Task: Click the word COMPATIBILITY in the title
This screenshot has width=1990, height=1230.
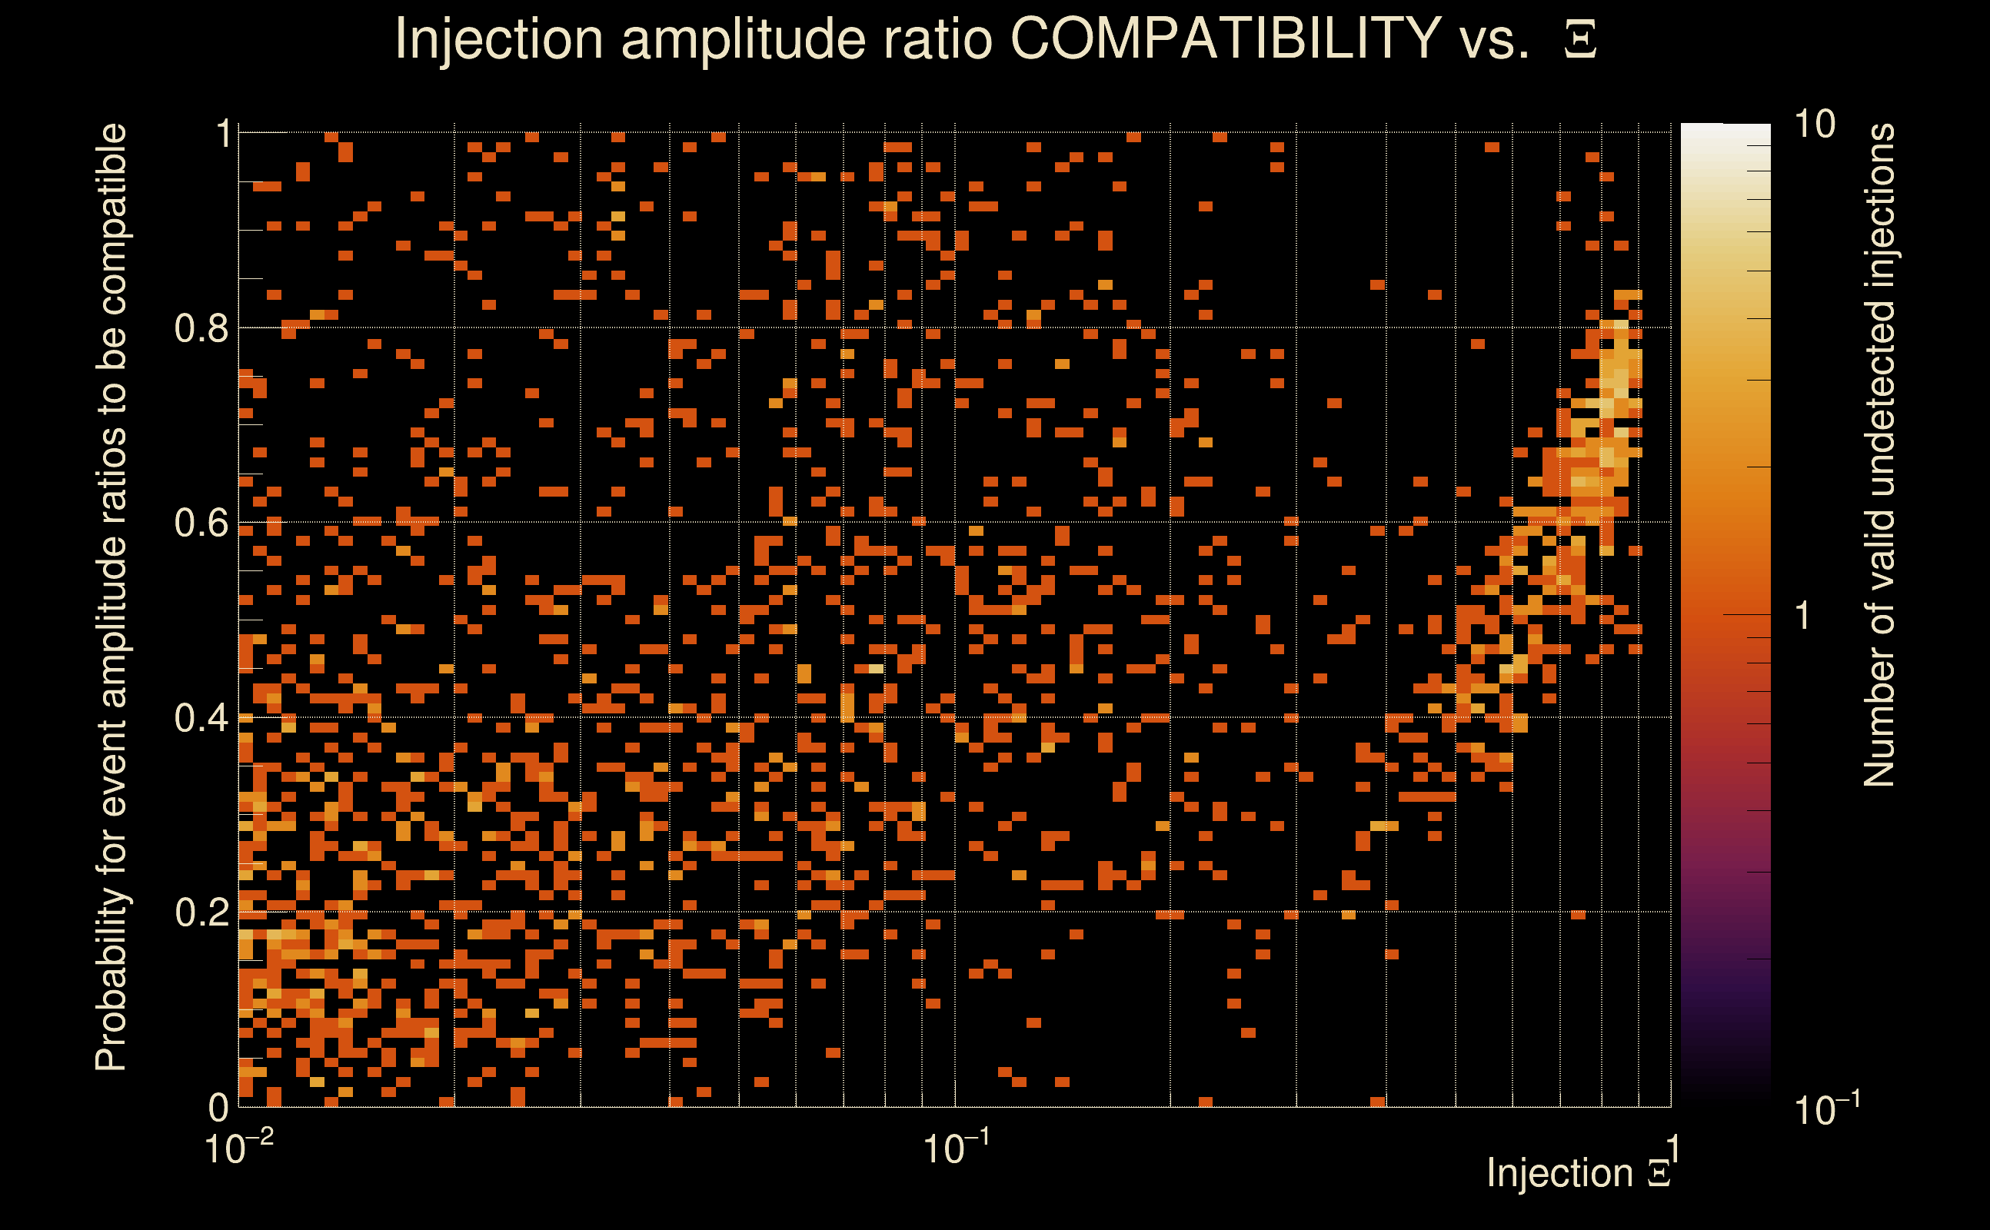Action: coord(1224,39)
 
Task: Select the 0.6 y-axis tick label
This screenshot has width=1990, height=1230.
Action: coord(201,523)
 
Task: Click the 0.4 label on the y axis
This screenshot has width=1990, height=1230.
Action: coord(201,718)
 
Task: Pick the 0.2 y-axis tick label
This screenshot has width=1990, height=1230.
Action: coord(201,913)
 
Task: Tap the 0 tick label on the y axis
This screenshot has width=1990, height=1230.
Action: coord(219,1107)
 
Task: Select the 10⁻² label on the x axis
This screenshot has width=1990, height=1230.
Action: coord(238,1148)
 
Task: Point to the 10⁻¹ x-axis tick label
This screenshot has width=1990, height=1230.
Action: coord(956,1148)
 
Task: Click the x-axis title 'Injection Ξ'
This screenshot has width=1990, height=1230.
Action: coord(1579,1174)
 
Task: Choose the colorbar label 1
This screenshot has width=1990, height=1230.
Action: coord(1803,616)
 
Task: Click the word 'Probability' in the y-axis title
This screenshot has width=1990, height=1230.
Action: coord(111,981)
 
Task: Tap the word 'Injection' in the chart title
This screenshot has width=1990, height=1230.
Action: coord(499,39)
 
